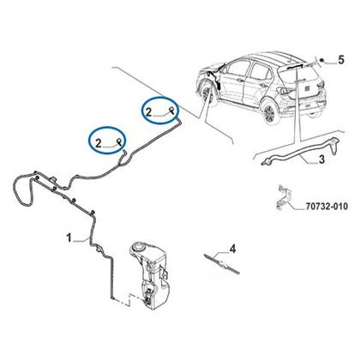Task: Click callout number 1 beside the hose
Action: coord(69,237)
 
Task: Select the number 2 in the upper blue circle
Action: coord(148,112)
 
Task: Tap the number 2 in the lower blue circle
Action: coord(99,143)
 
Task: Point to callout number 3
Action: coord(321,159)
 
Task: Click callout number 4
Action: coord(233,249)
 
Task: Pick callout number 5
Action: coord(341,60)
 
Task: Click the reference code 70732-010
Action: coord(327,206)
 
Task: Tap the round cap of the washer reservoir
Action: coord(138,245)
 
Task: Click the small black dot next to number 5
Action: coord(322,60)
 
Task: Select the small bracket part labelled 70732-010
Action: coord(285,198)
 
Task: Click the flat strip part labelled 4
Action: coord(222,263)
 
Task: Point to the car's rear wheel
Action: coord(269,113)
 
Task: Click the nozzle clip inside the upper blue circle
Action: coord(171,110)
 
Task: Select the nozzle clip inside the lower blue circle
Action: coord(120,141)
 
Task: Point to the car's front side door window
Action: coord(237,69)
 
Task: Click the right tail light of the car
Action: coord(321,85)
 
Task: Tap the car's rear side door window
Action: coord(260,71)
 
